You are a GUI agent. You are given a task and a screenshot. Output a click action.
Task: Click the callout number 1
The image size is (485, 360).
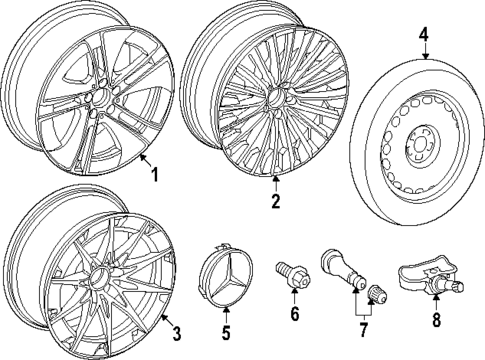click(x=154, y=174)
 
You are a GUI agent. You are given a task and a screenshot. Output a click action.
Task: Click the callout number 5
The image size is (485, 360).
click(x=225, y=331)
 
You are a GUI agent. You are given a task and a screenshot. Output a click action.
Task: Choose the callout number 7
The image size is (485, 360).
click(x=363, y=331)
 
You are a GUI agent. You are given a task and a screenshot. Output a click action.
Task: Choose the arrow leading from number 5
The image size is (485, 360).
click(x=225, y=317)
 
